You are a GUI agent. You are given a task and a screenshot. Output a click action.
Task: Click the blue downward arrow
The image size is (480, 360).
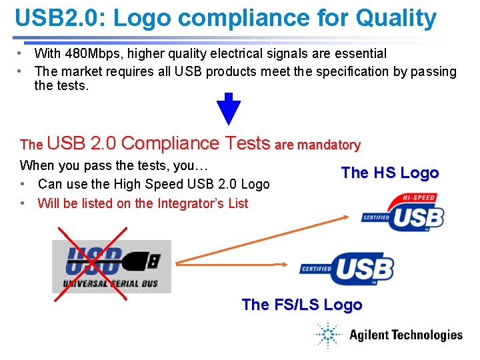pos(229,108)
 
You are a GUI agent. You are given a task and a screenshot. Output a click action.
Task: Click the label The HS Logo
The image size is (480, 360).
pos(390,173)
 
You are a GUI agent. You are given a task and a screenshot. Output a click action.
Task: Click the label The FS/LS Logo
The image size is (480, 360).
pos(302,305)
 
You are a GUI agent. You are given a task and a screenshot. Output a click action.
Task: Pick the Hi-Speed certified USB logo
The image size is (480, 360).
pos(403,213)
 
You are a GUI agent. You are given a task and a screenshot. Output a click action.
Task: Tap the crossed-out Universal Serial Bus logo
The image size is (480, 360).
pos(111,266)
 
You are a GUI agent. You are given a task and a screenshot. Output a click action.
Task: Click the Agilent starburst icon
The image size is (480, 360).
pos(328,335)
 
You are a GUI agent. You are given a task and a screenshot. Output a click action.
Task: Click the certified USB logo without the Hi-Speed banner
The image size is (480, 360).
pos(347,268)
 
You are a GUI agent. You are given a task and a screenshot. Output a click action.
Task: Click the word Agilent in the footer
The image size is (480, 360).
pos(369,335)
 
